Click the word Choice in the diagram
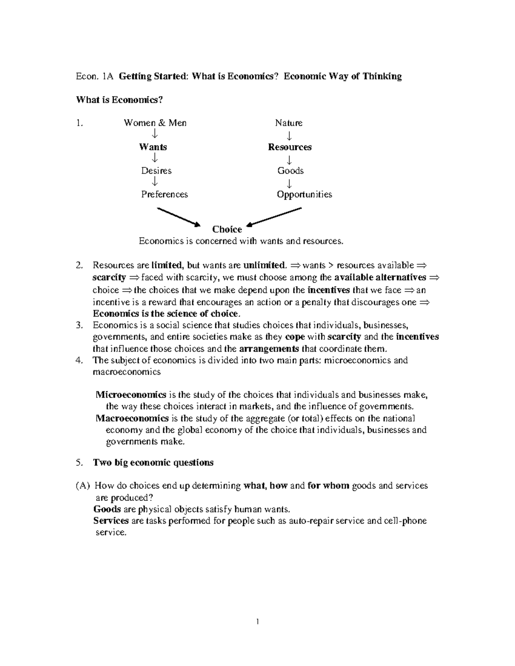click(x=227, y=229)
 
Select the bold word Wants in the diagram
click(x=153, y=147)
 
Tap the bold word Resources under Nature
click(x=290, y=147)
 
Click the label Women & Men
click(x=155, y=123)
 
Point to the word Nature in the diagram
click(x=288, y=123)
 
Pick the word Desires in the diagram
click(x=156, y=171)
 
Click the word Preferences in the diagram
click(x=164, y=194)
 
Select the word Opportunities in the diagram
click(x=304, y=194)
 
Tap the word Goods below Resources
click(x=291, y=171)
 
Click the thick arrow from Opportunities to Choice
click(x=275, y=216)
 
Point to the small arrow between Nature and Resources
click(x=289, y=136)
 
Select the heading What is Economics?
click(x=120, y=100)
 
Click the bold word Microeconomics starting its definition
click(x=131, y=395)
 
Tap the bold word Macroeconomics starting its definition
click(x=132, y=418)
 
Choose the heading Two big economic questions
click(x=153, y=463)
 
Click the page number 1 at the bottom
click(x=257, y=622)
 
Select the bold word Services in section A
click(x=111, y=521)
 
